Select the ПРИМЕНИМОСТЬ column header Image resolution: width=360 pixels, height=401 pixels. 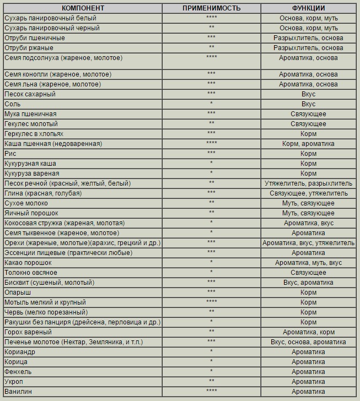211,8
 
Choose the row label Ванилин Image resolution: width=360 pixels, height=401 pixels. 18,391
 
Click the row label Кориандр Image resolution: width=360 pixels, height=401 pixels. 20,351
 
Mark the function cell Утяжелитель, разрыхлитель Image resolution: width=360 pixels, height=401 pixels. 308,183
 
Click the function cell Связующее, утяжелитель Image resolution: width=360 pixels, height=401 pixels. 308,193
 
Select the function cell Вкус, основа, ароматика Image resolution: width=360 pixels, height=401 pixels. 308,342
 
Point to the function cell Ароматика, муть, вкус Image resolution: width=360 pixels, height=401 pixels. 308,263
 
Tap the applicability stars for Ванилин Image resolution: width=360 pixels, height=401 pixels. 211,391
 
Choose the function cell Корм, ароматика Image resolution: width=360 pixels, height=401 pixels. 308,144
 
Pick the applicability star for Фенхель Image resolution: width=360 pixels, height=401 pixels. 211,371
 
